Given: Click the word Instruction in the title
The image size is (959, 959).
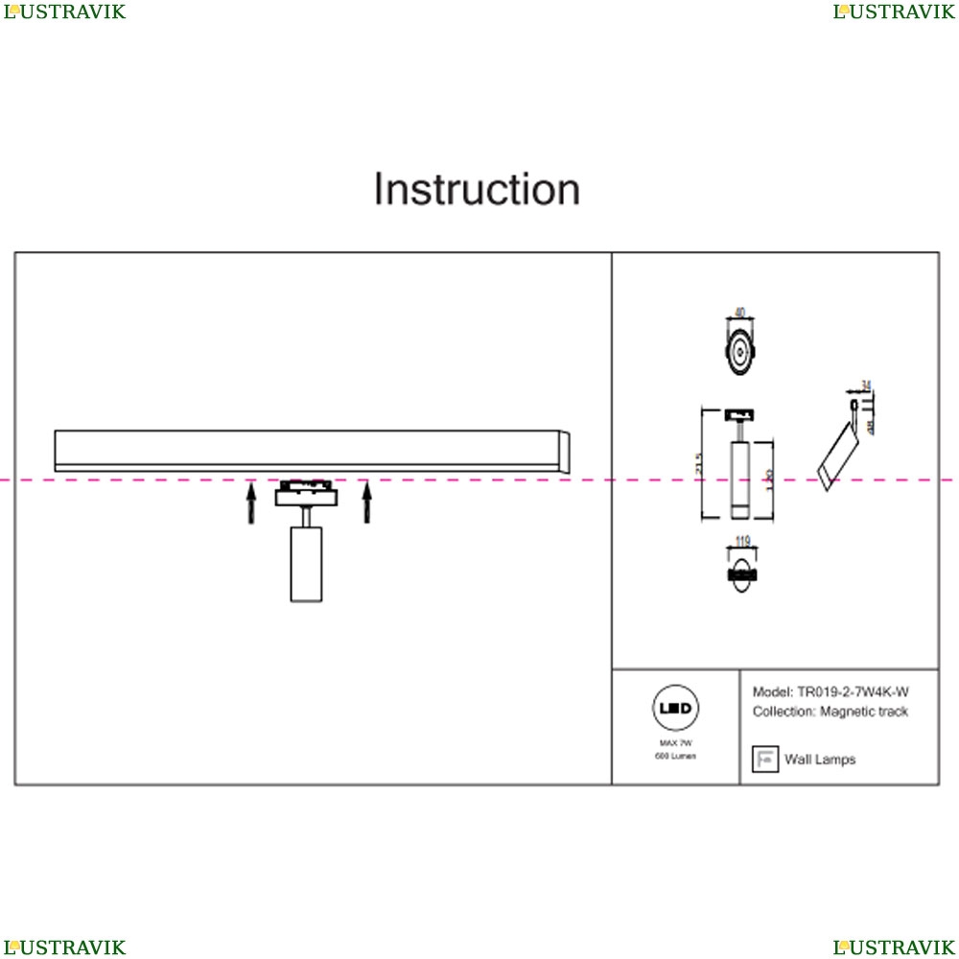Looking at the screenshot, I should (x=477, y=190).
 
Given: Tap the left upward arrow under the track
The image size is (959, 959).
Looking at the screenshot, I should (x=251, y=503).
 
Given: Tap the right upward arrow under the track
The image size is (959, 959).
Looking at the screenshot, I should (x=366, y=503).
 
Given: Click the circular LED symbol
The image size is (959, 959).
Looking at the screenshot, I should (x=676, y=711).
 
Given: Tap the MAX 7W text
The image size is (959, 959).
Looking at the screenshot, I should (x=676, y=743).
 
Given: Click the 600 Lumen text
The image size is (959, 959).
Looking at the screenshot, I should (x=676, y=757).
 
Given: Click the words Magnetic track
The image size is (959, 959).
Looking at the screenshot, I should (x=864, y=712).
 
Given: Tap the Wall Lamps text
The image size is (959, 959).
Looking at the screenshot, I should (x=820, y=760).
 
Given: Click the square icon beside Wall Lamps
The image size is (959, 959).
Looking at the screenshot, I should (x=764, y=759).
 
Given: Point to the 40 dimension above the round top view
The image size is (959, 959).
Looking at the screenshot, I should (x=739, y=313).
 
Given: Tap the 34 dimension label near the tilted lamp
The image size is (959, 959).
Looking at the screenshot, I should (x=866, y=386).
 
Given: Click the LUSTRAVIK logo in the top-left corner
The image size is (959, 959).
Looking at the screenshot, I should (x=65, y=12).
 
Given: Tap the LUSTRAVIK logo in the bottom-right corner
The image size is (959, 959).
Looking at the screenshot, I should (x=894, y=947).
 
